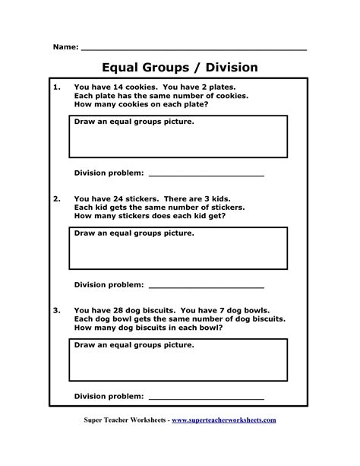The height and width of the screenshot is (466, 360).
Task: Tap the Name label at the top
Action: [x=65, y=47]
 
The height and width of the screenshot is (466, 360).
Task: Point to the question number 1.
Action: [x=57, y=87]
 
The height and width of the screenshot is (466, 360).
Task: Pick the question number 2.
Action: [x=57, y=198]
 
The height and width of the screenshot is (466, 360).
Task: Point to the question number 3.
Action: [x=57, y=310]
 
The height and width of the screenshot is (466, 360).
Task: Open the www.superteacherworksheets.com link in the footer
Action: [x=224, y=420]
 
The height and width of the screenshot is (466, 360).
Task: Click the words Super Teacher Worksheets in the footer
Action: [x=125, y=420]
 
